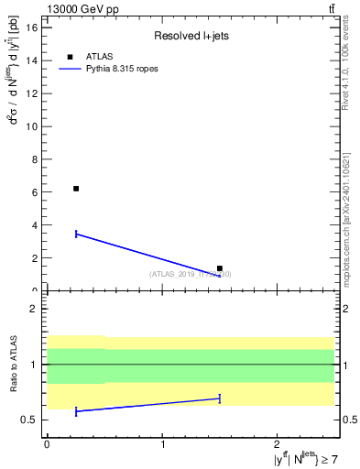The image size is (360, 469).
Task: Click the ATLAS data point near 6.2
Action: pos(76,189)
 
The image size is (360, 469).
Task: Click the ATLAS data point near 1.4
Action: pos(220,268)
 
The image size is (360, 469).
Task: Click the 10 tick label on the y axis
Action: pos(32,126)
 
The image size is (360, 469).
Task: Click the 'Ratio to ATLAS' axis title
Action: pos(13,364)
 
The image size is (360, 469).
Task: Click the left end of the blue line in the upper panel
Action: pos(76,234)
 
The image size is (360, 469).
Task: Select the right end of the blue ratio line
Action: pos(220,398)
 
